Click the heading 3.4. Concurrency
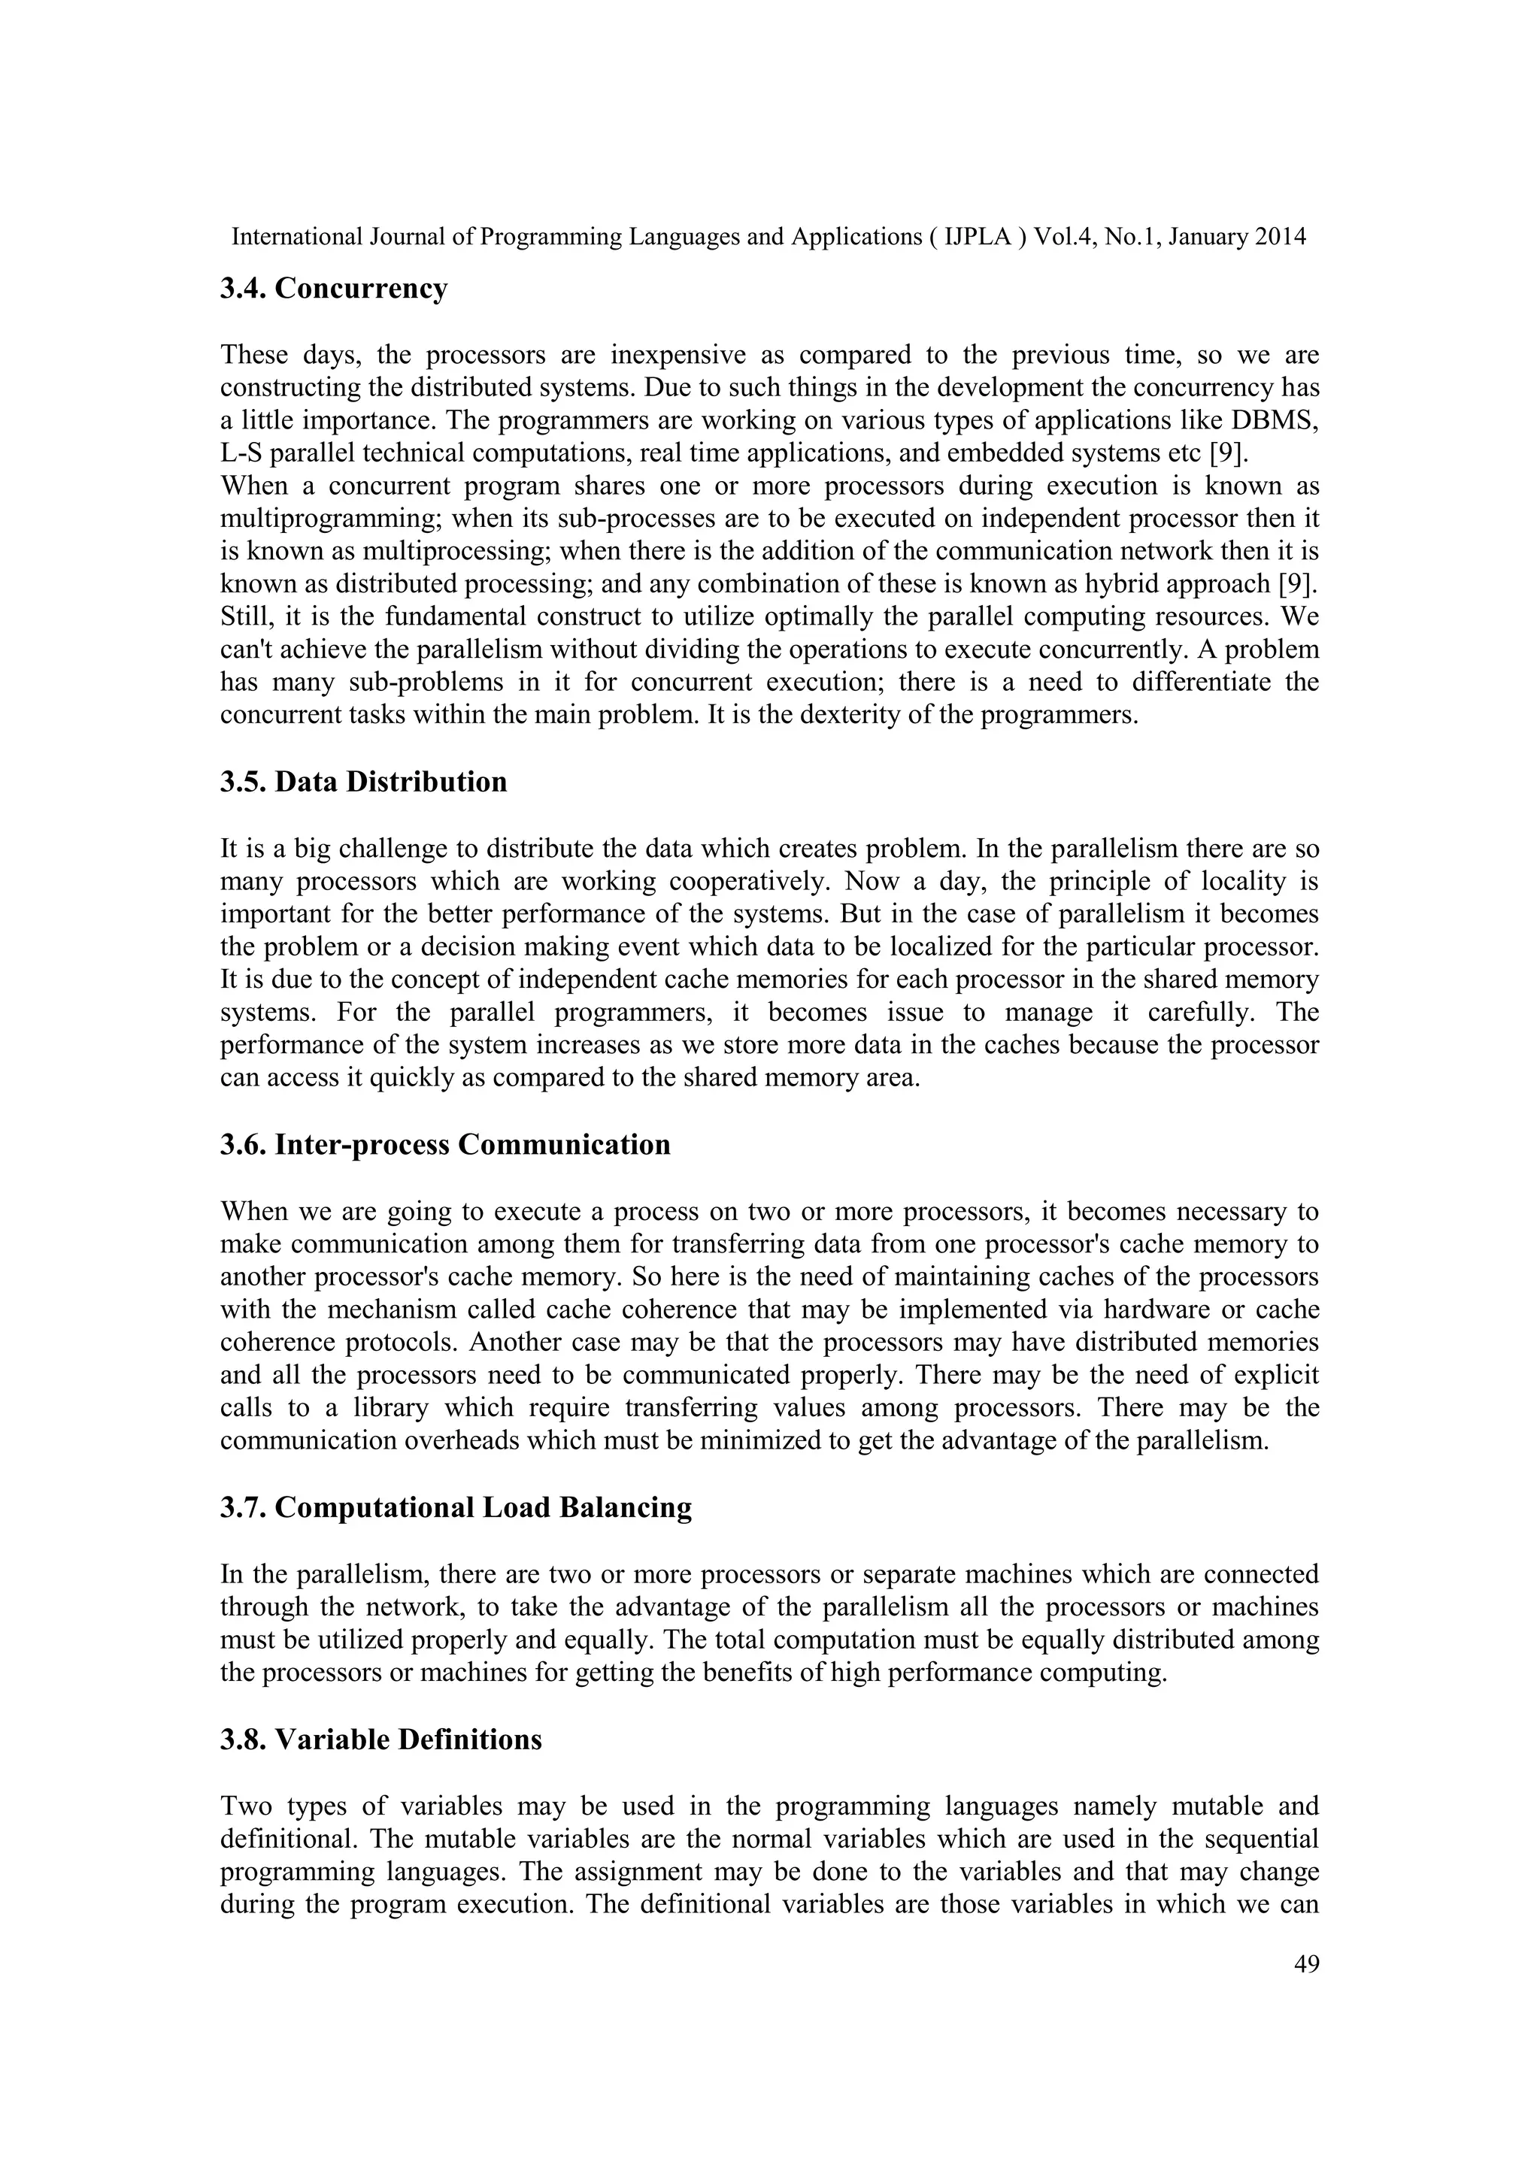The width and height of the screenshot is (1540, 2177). pos(333,288)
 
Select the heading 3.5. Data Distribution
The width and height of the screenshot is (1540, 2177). pos(363,783)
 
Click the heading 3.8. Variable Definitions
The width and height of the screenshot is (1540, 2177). pos(380,1740)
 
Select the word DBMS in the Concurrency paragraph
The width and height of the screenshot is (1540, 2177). pos(1281,420)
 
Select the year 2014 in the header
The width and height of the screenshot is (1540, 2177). pos(1280,237)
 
